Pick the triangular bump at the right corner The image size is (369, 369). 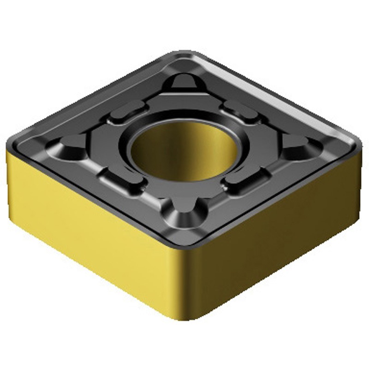coord(295,145)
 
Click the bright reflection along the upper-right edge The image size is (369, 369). coord(295,101)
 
